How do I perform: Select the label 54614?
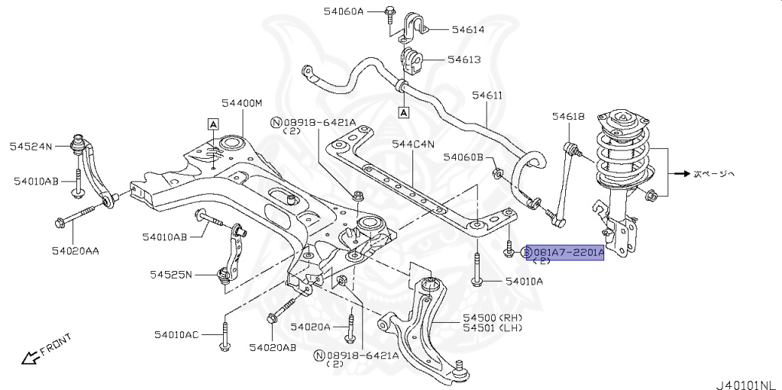point(467,30)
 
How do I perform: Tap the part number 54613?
point(464,59)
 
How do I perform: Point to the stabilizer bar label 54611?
point(486,95)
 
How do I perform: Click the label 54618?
point(568,116)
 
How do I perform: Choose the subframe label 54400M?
point(242,103)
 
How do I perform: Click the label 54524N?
point(31,146)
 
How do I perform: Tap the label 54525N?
point(171,274)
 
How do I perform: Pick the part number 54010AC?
point(176,334)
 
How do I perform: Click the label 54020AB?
point(272,347)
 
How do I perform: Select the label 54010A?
point(524,282)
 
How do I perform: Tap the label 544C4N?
point(412,143)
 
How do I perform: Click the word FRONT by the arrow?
point(56,344)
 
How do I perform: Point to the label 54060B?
point(464,157)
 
